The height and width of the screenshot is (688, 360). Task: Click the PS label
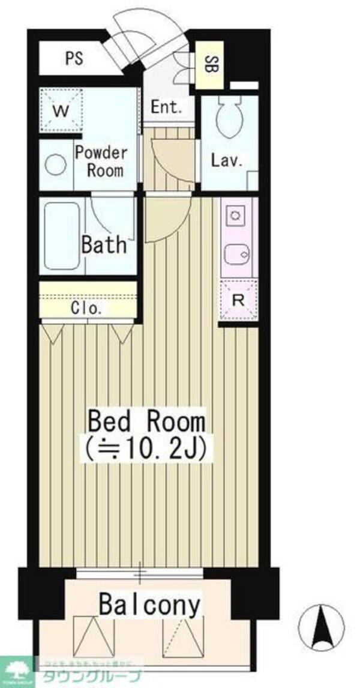pyautogui.click(x=74, y=59)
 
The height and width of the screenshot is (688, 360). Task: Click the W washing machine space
pyautogui.click(x=59, y=110)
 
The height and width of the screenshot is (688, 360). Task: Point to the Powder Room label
pyautogui.click(x=101, y=160)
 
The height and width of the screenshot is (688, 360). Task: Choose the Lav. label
pyautogui.click(x=226, y=160)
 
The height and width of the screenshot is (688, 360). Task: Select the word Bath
pyautogui.click(x=104, y=244)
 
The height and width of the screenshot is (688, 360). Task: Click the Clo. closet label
pyautogui.click(x=86, y=310)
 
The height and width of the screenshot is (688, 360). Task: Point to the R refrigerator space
pyautogui.click(x=238, y=300)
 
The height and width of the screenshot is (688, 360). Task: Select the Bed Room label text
pyautogui.click(x=146, y=421)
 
